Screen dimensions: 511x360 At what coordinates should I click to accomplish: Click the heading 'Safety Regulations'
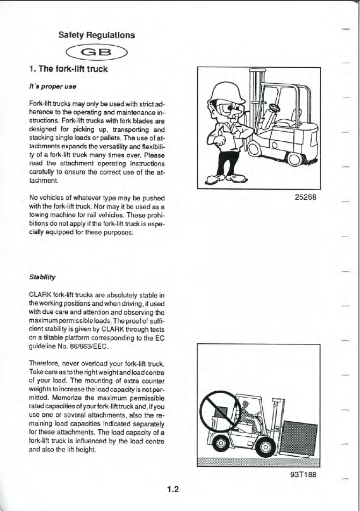97,35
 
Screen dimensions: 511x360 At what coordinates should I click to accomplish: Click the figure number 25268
305,196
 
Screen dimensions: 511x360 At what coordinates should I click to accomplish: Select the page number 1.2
172,489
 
